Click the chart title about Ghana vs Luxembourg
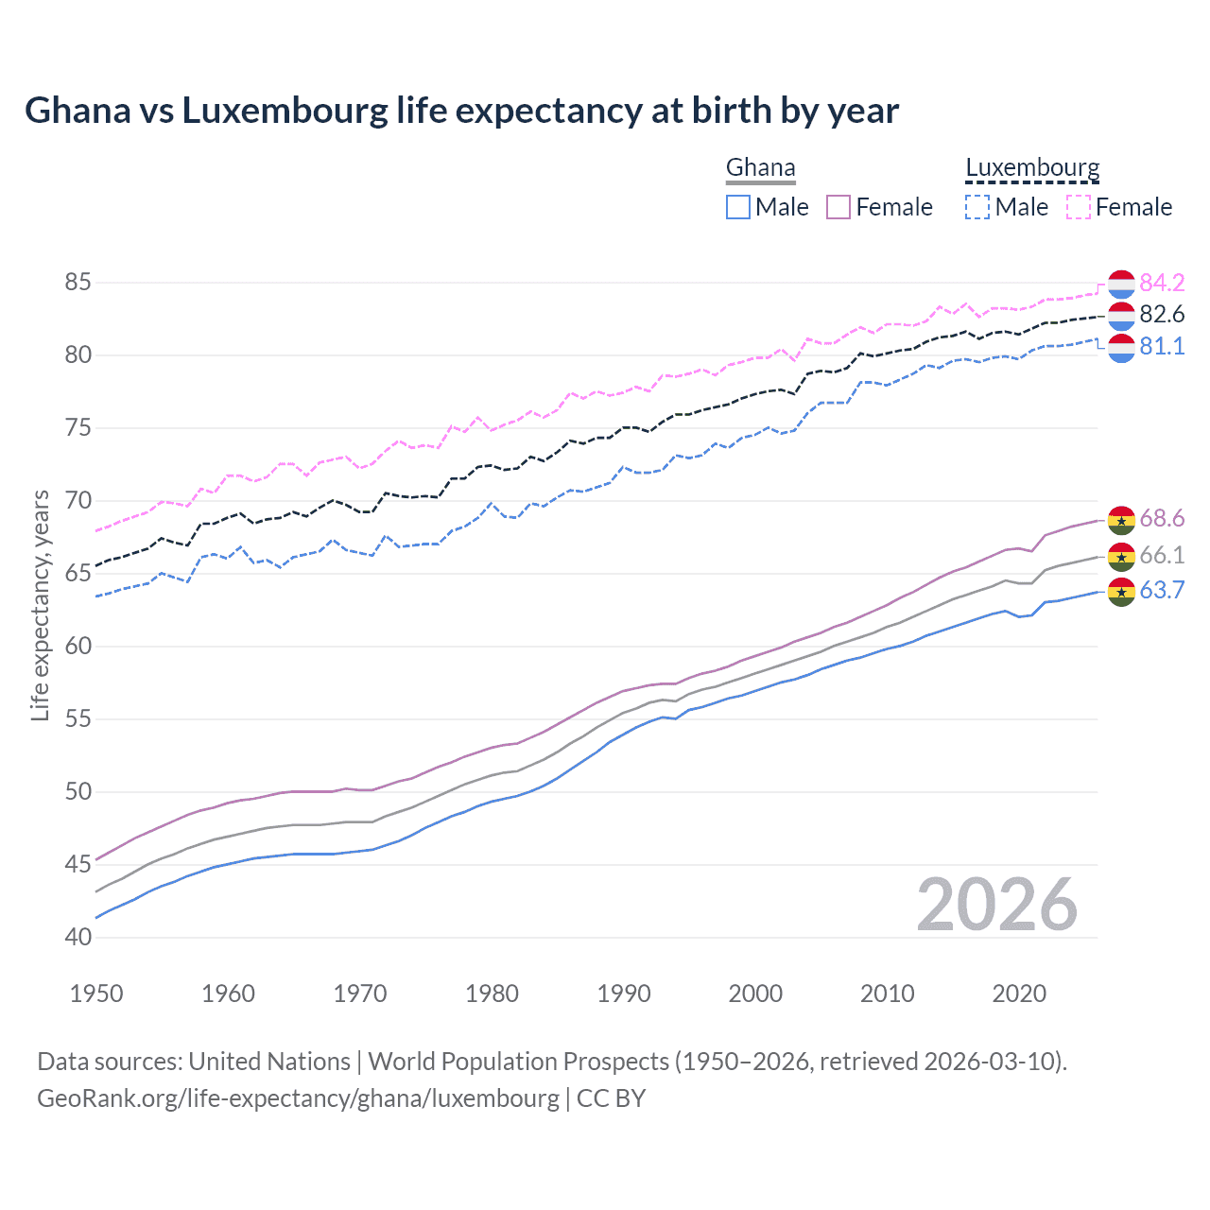pyautogui.click(x=461, y=111)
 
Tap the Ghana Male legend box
pyautogui.click(x=738, y=207)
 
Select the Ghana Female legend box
pyautogui.click(x=839, y=207)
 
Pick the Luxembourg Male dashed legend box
pyautogui.click(x=977, y=207)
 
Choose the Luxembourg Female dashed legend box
pyautogui.click(x=1079, y=207)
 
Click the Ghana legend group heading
pyautogui.click(x=760, y=167)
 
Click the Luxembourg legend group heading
pyautogui.click(x=1032, y=167)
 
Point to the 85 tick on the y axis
pyautogui.click(x=78, y=282)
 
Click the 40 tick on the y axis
pyautogui.click(x=78, y=937)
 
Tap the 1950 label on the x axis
pyautogui.click(x=96, y=994)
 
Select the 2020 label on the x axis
pyautogui.click(x=1019, y=994)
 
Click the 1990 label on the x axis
pyautogui.click(x=624, y=994)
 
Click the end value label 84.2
pyautogui.click(x=1162, y=283)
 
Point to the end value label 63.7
pyautogui.click(x=1162, y=591)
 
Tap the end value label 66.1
pyautogui.click(x=1162, y=555)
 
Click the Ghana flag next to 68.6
pyautogui.click(x=1121, y=519)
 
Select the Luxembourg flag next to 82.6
pyautogui.click(x=1121, y=316)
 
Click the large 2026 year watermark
pyautogui.click(x=997, y=906)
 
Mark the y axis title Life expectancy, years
pyautogui.click(x=40, y=605)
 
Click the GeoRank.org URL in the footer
pyautogui.click(x=298, y=1098)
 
